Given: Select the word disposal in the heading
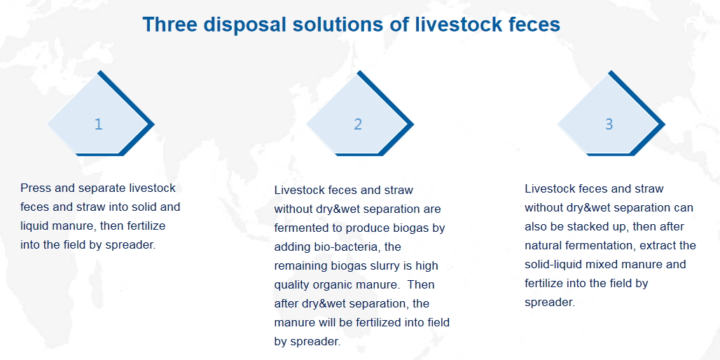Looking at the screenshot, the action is (x=243, y=25).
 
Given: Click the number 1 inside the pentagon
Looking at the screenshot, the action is (x=98, y=124).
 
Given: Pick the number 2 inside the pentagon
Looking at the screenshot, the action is (x=358, y=124).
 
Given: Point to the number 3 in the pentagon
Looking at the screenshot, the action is (x=609, y=124).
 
